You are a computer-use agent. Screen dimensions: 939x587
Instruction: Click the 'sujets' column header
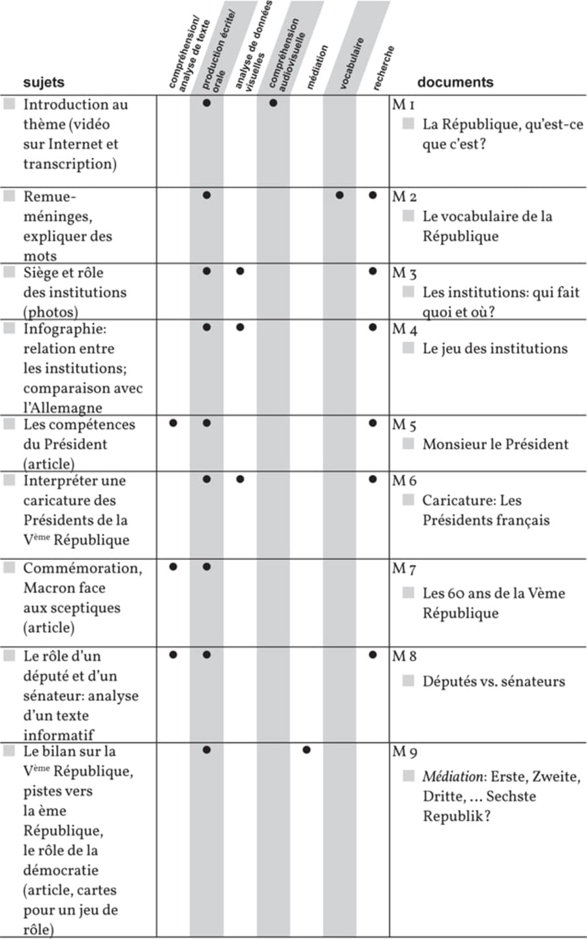pos(44,82)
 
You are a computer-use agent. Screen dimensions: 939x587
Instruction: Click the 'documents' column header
pos(455,82)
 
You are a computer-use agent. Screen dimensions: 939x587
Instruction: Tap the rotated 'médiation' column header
pos(317,67)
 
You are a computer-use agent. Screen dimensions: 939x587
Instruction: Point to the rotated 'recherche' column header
pos(384,67)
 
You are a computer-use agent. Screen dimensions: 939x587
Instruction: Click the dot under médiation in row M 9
pos(307,750)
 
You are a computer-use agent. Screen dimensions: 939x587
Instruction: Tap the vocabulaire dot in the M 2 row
pos(339,195)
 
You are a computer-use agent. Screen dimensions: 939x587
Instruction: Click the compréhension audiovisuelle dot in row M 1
pos(273,102)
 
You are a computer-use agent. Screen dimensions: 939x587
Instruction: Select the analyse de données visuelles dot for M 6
pos(240,480)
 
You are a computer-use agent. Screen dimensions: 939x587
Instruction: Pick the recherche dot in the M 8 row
pos(372,654)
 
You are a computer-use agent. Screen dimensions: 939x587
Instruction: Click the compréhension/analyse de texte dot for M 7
pos(173,566)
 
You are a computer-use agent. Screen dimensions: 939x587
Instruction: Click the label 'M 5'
pos(404,425)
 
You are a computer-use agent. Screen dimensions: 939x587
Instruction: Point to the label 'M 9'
pos(404,752)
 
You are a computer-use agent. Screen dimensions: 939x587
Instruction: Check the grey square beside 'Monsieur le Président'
pos(408,444)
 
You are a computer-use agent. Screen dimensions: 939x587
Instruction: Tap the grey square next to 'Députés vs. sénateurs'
pos(408,681)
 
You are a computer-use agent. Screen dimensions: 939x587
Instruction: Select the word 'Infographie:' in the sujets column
pos(65,328)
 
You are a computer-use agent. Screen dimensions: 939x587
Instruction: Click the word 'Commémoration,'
pos(83,568)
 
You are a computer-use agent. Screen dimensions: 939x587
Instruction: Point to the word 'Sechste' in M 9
pos(511,796)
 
